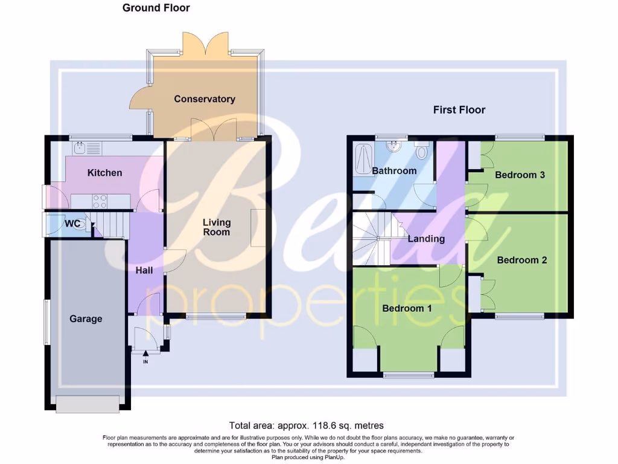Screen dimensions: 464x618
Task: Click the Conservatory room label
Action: point(205,98)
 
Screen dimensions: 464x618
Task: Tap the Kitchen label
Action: point(104,173)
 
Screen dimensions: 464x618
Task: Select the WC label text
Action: point(72,224)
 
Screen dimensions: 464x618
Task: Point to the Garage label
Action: point(86,318)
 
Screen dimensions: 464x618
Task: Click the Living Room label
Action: point(216,227)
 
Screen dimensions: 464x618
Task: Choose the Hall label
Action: point(144,271)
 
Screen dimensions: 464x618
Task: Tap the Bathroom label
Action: point(394,170)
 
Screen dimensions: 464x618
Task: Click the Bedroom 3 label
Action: point(520,175)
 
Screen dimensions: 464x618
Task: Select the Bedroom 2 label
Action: point(522,260)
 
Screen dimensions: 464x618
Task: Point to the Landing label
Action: point(426,239)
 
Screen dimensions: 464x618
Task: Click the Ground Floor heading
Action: point(156,8)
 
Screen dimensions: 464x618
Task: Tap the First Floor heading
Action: point(459,109)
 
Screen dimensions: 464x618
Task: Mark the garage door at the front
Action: point(88,404)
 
